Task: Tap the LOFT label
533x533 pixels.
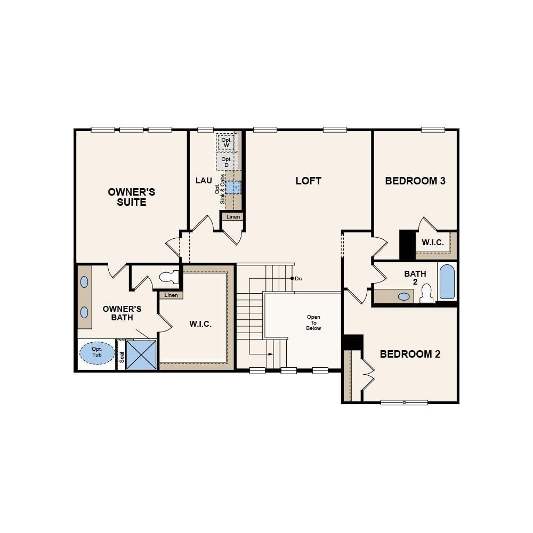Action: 308,181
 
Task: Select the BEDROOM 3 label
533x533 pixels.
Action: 415,181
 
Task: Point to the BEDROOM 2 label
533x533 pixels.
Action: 410,354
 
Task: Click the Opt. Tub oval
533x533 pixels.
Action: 97,352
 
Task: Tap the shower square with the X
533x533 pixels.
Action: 141,354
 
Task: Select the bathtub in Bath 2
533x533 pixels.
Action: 447,282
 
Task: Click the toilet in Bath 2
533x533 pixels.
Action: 426,293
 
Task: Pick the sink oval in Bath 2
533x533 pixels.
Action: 405,296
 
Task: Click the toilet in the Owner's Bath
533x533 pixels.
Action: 169,277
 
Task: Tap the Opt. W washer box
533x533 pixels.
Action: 226,142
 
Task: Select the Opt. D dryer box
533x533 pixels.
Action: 226,162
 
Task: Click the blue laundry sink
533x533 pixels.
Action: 233,187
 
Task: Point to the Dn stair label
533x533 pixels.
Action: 298,278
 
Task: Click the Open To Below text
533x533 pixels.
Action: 313,322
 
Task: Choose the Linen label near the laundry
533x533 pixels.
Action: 233,216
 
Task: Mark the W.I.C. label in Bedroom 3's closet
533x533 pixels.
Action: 432,243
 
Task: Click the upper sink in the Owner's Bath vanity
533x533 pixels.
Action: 85,282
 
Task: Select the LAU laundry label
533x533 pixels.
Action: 204,181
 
